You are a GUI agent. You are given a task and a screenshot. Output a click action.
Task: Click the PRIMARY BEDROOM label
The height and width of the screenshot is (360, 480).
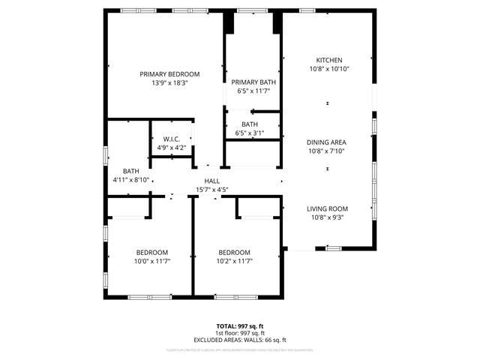point(169,74)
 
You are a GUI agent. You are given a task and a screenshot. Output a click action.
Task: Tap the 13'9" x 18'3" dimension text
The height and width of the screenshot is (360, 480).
point(169,83)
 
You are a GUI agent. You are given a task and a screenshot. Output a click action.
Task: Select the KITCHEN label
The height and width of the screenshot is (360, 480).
point(328,60)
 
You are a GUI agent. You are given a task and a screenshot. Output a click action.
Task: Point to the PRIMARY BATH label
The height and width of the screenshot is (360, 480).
point(253,82)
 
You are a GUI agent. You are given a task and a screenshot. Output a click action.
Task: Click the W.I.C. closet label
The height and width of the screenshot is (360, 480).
point(171,139)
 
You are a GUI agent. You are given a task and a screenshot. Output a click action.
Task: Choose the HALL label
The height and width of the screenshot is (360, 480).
point(211,181)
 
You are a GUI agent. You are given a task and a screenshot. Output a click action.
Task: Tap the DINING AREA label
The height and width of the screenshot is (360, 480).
point(326,142)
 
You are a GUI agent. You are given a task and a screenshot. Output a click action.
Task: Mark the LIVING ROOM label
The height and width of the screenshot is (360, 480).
point(327,208)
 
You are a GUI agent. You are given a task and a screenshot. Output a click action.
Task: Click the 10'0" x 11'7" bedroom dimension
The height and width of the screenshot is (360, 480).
point(152,261)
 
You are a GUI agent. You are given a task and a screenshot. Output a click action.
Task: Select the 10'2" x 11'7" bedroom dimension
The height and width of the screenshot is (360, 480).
point(234,261)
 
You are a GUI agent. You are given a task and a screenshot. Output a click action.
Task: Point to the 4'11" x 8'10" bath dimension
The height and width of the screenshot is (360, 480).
point(131,180)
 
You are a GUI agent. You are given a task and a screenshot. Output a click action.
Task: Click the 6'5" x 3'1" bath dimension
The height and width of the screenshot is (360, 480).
point(250,133)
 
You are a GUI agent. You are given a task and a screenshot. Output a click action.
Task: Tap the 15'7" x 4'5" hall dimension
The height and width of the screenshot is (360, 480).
point(211,190)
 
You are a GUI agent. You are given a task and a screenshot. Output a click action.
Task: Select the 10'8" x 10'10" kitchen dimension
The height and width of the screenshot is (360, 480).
point(329,68)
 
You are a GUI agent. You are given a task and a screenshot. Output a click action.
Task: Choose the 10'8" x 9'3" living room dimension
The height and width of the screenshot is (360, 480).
point(327,217)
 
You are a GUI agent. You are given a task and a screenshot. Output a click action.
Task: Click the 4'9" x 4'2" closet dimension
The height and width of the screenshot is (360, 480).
point(171,148)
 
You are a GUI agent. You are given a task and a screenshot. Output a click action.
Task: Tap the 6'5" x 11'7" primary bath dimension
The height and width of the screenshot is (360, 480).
point(253,91)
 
